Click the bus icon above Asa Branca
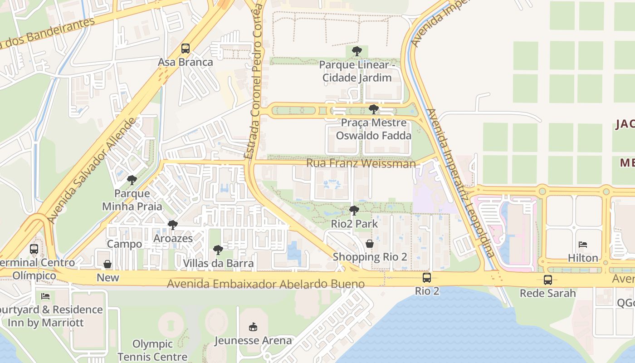(x=185, y=48)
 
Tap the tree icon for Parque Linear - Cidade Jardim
(x=357, y=51)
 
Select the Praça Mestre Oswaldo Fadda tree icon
(x=374, y=109)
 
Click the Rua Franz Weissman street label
(x=361, y=163)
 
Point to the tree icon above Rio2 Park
(x=354, y=211)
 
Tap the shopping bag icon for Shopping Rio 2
(x=370, y=244)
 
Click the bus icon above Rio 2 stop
(x=427, y=278)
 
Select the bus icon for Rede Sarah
(x=548, y=280)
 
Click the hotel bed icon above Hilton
(x=583, y=245)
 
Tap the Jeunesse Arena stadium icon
(x=253, y=327)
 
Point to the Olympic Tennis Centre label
(x=152, y=350)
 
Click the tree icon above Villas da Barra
(x=218, y=250)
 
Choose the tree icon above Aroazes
(x=173, y=225)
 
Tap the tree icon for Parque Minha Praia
(x=132, y=180)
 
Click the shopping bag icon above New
(x=107, y=264)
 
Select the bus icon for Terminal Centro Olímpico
(x=34, y=249)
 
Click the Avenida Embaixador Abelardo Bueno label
(x=266, y=284)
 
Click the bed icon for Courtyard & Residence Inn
(x=45, y=296)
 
